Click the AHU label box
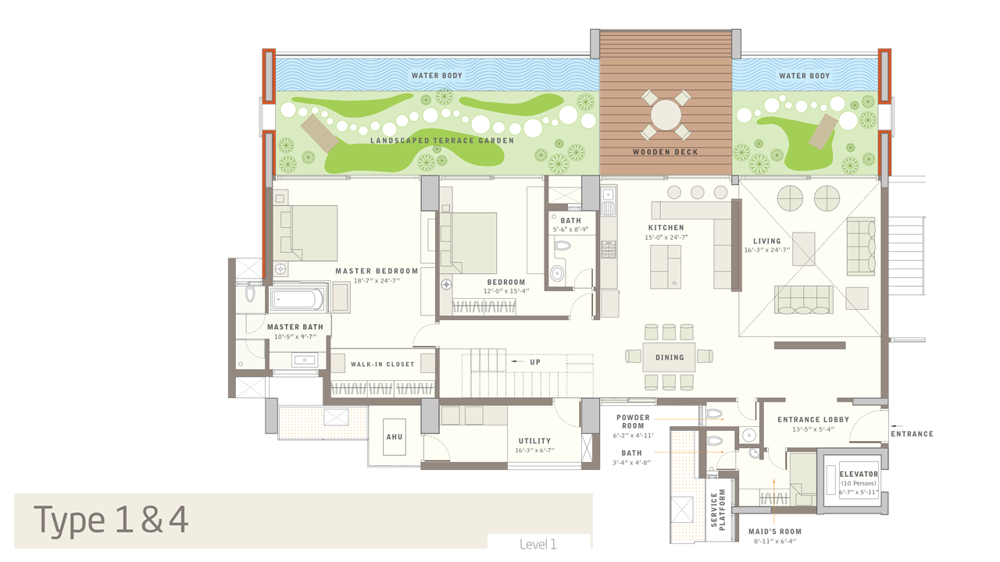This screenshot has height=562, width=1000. pos(395,437)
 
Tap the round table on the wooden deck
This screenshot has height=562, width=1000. pos(666,115)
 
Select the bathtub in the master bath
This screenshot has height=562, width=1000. pos(298,299)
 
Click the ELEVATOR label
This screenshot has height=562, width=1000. pos(859,474)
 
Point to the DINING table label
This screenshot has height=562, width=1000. pos(670,357)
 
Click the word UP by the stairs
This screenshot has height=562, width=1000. pos(535,362)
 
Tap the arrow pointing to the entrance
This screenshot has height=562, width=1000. pos(896,426)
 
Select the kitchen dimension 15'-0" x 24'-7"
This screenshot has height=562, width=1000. pos(666,237)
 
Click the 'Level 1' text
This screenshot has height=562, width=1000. pos(538,544)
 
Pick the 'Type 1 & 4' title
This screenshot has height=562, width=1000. pos(111,520)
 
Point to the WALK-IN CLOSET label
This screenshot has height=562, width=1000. pos(383,365)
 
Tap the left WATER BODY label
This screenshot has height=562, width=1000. pos(437,76)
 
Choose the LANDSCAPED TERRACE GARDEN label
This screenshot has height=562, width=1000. pos(442,140)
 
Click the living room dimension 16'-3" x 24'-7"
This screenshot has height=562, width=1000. pos(767,250)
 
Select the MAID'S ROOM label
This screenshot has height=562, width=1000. pos(775,532)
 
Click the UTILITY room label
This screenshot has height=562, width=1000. pos(534,441)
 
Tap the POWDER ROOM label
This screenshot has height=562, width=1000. pos(633,421)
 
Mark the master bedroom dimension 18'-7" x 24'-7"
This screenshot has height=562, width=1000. pos(377,280)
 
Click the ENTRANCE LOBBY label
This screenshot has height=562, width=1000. pos(813,420)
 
